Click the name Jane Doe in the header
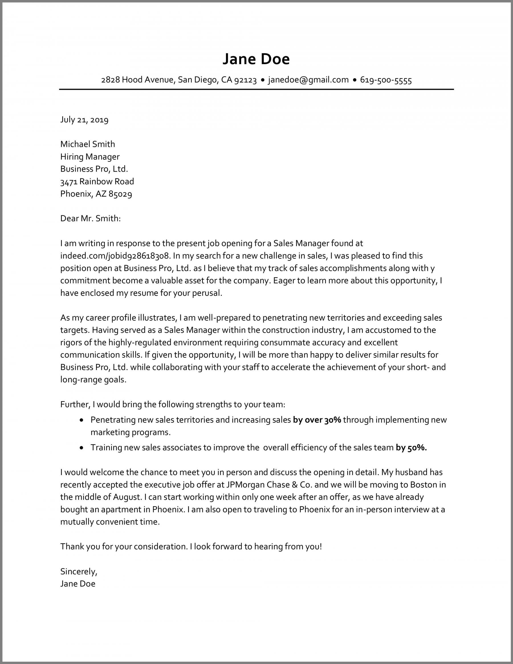pos(256,59)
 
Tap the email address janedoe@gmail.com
pos(308,80)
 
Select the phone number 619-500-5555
pos(386,80)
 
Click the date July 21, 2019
pos(84,120)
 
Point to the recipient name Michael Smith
pos(87,144)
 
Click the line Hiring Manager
pos(90,156)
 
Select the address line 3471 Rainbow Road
pos(97,182)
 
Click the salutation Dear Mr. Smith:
pos(90,219)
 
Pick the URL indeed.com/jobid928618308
pos(114,256)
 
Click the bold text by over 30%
pos(317,420)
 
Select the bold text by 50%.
pos(411,447)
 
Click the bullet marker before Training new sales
pos(81,448)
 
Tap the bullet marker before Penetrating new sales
pos(81,420)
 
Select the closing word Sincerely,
pos(79,572)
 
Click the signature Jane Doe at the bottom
pos(78,584)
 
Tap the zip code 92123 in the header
pos(246,80)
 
